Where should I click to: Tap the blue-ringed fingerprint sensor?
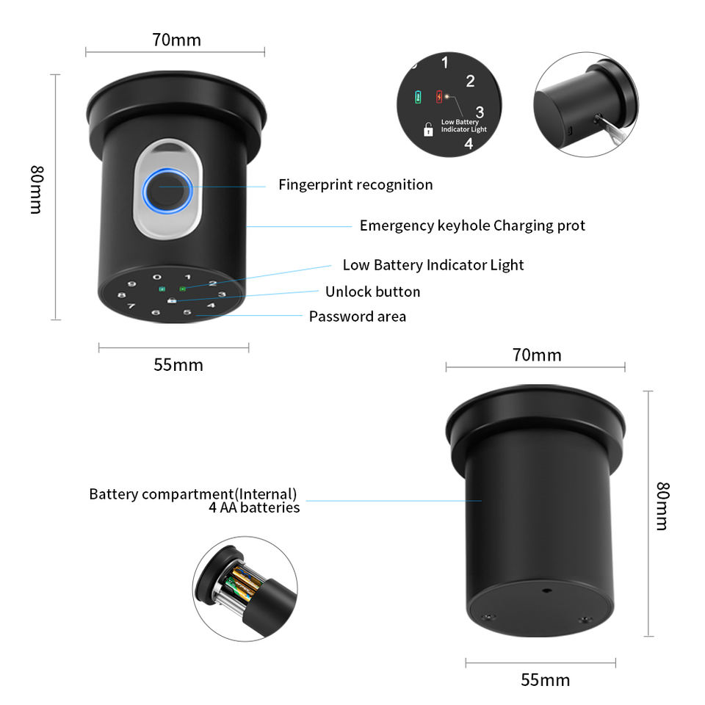(x=168, y=190)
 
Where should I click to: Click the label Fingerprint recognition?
(x=355, y=184)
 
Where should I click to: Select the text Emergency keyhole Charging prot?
(x=472, y=225)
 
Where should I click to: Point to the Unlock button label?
(x=372, y=292)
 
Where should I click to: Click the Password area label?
(x=357, y=317)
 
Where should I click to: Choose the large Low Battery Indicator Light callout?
(x=433, y=265)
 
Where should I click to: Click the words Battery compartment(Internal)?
(x=192, y=493)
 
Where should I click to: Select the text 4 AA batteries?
(x=254, y=507)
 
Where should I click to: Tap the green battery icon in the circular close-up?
(x=419, y=96)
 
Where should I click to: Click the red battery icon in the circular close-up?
(x=439, y=96)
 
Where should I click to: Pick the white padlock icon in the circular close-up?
(x=428, y=129)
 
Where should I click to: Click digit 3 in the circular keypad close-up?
(x=480, y=112)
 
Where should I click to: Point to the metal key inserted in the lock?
(x=611, y=127)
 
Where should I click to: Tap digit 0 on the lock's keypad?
(x=156, y=278)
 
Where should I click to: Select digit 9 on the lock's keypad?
(x=131, y=284)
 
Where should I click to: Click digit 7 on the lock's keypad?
(x=131, y=306)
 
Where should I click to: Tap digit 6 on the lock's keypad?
(x=155, y=314)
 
